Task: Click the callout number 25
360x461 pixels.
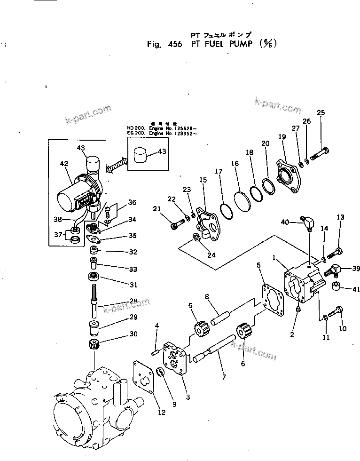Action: click(321, 112)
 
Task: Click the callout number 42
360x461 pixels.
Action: click(64, 164)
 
